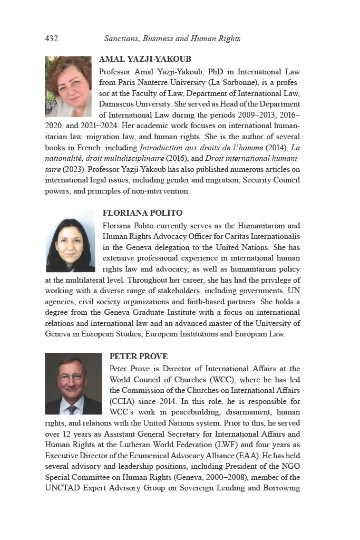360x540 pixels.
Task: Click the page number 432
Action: tap(51, 38)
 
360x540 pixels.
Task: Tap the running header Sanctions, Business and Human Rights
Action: tap(172, 38)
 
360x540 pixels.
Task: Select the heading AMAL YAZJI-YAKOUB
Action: tap(145, 59)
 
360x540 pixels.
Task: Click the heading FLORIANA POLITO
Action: tap(142, 213)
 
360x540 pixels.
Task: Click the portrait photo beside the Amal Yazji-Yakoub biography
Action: tap(68, 86)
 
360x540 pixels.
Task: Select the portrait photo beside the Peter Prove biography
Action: tap(73, 383)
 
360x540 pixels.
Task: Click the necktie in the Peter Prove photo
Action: tap(72, 410)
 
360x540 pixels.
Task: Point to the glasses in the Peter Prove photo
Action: tap(71, 378)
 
